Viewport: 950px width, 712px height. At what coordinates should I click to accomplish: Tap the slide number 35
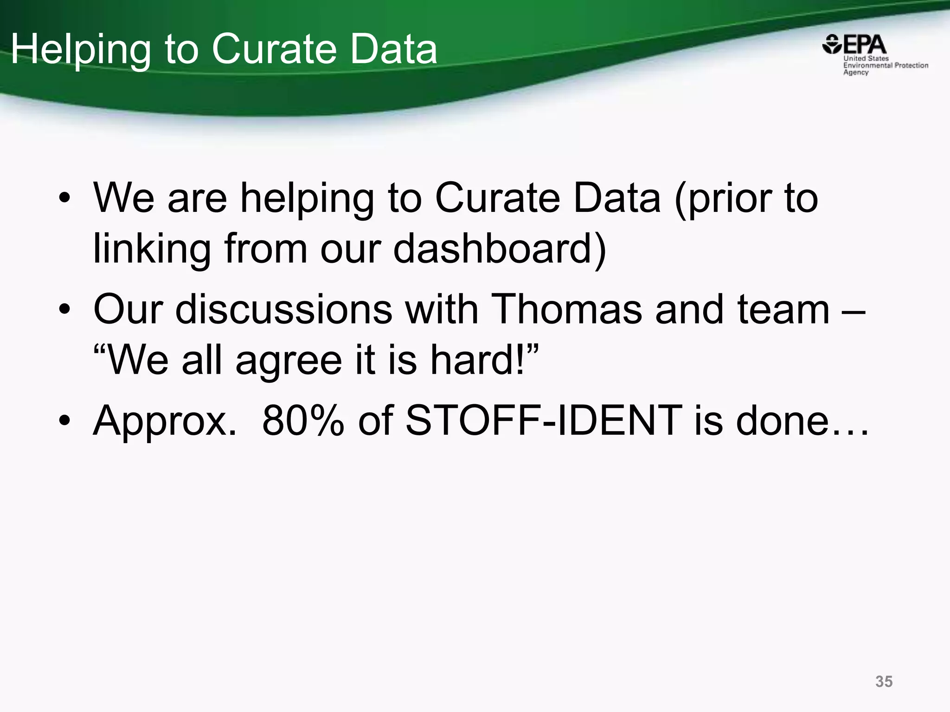(x=884, y=681)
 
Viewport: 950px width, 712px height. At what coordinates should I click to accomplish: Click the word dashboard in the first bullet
(x=500, y=249)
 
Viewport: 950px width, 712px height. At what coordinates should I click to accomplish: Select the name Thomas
(x=566, y=309)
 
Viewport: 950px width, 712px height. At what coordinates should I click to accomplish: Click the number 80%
(x=302, y=420)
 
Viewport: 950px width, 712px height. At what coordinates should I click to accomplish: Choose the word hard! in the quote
(x=484, y=360)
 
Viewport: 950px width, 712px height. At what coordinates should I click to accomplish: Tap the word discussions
(x=284, y=309)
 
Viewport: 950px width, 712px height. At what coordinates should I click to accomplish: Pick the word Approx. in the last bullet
(x=165, y=420)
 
